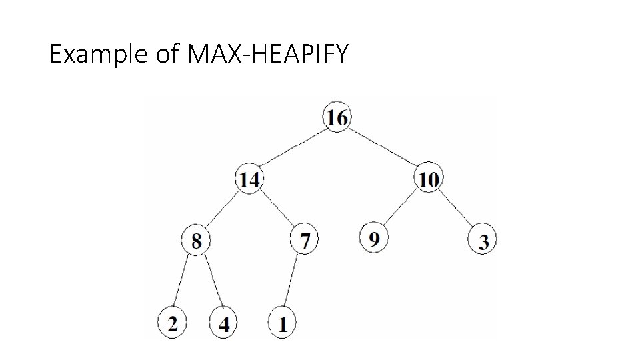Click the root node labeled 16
tap(337, 118)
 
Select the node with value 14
tap(249, 179)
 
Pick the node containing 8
tap(196, 241)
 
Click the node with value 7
tap(305, 241)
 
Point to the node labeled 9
tap(374, 238)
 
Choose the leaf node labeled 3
tap(483, 242)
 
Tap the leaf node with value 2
tap(172, 324)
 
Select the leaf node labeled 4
tap(224, 324)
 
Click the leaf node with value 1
tap(282, 324)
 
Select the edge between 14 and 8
tap(223, 210)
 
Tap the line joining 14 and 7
tap(277, 209)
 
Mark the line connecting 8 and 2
tap(183, 282)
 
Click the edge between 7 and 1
tap(293, 282)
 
